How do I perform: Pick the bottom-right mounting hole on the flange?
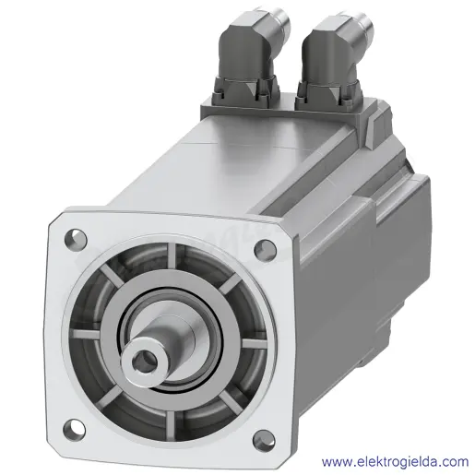(263, 440)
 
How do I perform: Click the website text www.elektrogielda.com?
(395, 461)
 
